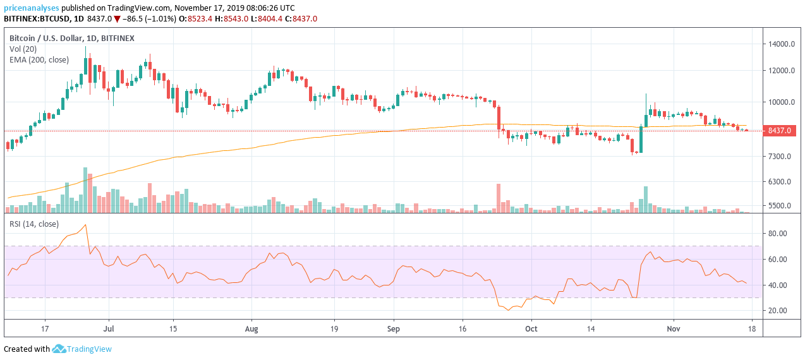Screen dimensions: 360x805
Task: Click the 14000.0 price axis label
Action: pos(781,44)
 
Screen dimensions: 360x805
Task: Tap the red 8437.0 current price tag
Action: pos(780,131)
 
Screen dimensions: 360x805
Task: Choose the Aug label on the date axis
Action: pos(251,329)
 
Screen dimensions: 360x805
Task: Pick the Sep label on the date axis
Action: pos(394,329)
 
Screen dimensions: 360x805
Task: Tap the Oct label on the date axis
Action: pos(531,329)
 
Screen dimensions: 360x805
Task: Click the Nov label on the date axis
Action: pos(674,329)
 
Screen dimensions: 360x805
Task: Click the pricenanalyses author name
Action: pos(32,8)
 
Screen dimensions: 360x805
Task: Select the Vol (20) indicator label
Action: pos(24,49)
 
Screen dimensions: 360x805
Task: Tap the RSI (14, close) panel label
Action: pos(33,224)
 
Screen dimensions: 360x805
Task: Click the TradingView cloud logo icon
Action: pos(59,349)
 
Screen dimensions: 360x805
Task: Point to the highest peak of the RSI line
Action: pos(85,225)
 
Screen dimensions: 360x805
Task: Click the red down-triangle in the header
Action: pos(117,19)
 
